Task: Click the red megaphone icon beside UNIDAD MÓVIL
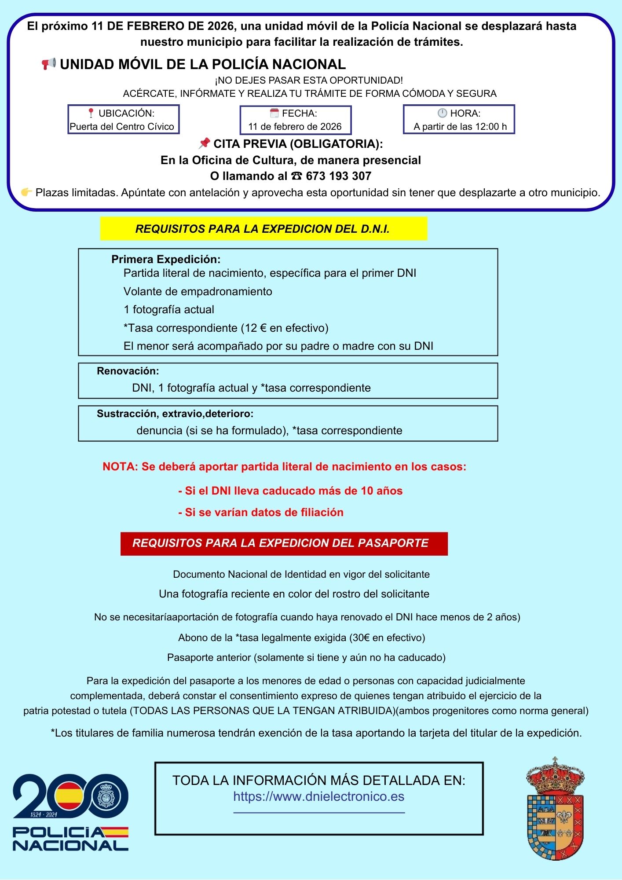coord(49,64)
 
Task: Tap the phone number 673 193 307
coord(338,176)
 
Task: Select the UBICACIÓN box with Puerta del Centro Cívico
coord(124,119)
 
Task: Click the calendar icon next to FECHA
coord(274,113)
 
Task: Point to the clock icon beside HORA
coord(442,113)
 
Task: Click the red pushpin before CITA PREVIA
coord(204,143)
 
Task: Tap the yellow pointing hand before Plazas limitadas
coord(26,192)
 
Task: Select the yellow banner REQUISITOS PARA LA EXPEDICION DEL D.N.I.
coord(263,229)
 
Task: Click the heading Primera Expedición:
coord(166,259)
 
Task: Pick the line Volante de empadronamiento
coord(198,291)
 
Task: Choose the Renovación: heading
coord(128,371)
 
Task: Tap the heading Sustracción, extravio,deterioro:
coord(175,414)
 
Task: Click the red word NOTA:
coord(120,467)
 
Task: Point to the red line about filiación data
coord(261,512)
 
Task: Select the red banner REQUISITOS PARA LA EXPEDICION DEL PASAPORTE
coord(284,543)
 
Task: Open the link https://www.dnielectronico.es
coord(318,796)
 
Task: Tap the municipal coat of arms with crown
coord(555,810)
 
